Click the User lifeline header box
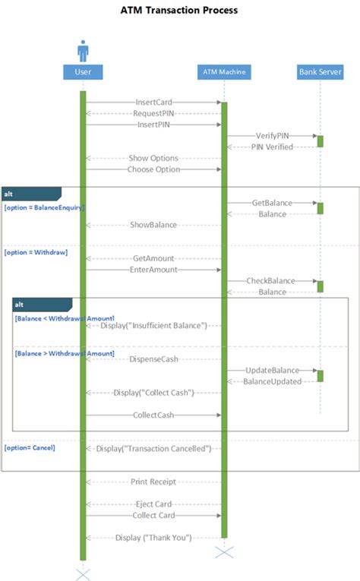click(83, 72)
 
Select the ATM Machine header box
click(224, 72)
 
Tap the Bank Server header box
click(320, 72)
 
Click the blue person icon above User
click(83, 51)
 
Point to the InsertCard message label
click(153, 103)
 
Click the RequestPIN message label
click(153, 113)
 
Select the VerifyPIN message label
click(272, 136)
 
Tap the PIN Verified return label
click(272, 147)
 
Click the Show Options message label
click(153, 158)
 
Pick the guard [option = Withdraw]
click(36, 252)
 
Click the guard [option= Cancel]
click(30, 447)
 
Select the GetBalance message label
click(272, 203)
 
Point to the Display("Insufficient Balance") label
click(153, 326)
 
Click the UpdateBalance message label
click(272, 370)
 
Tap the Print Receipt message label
click(153, 482)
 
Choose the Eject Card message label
click(153, 504)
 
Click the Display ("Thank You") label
click(153, 538)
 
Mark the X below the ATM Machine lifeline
click(224, 552)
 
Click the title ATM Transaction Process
click(179, 11)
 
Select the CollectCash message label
click(153, 415)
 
